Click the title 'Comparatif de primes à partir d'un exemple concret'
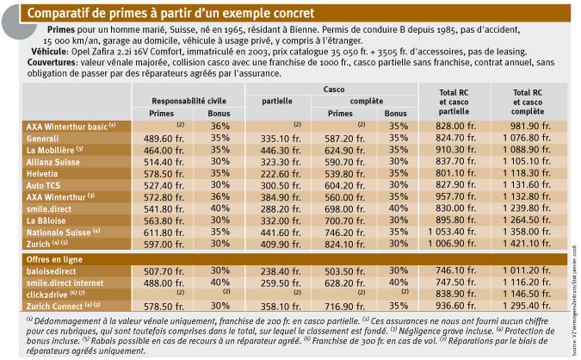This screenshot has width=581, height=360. coord(170,13)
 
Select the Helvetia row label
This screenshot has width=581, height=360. coord(42,174)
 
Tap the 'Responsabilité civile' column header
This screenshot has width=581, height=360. coord(189,101)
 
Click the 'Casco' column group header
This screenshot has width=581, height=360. coord(333,90)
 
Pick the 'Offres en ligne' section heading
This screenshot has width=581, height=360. coord(54,259)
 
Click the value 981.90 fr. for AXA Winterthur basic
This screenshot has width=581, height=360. coord(530,126)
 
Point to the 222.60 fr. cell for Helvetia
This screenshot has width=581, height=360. coord(281,174)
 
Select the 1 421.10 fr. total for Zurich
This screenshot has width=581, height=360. coord(527,244)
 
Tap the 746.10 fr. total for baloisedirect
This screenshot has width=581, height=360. coord(455,271)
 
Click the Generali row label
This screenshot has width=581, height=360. coord(43,139)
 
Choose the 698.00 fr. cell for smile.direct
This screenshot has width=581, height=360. coord(344,209)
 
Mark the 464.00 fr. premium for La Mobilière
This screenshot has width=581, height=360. coord(164,151)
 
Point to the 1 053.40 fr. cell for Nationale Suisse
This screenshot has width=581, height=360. coord(452,233)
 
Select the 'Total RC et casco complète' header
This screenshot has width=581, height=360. coord(528,102)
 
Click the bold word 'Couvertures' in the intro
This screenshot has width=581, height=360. coord(52,62)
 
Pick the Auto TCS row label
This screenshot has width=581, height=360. coord(43,186)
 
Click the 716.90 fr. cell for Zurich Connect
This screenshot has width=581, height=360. coord(344,307)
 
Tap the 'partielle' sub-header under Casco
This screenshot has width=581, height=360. coord(277,102)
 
